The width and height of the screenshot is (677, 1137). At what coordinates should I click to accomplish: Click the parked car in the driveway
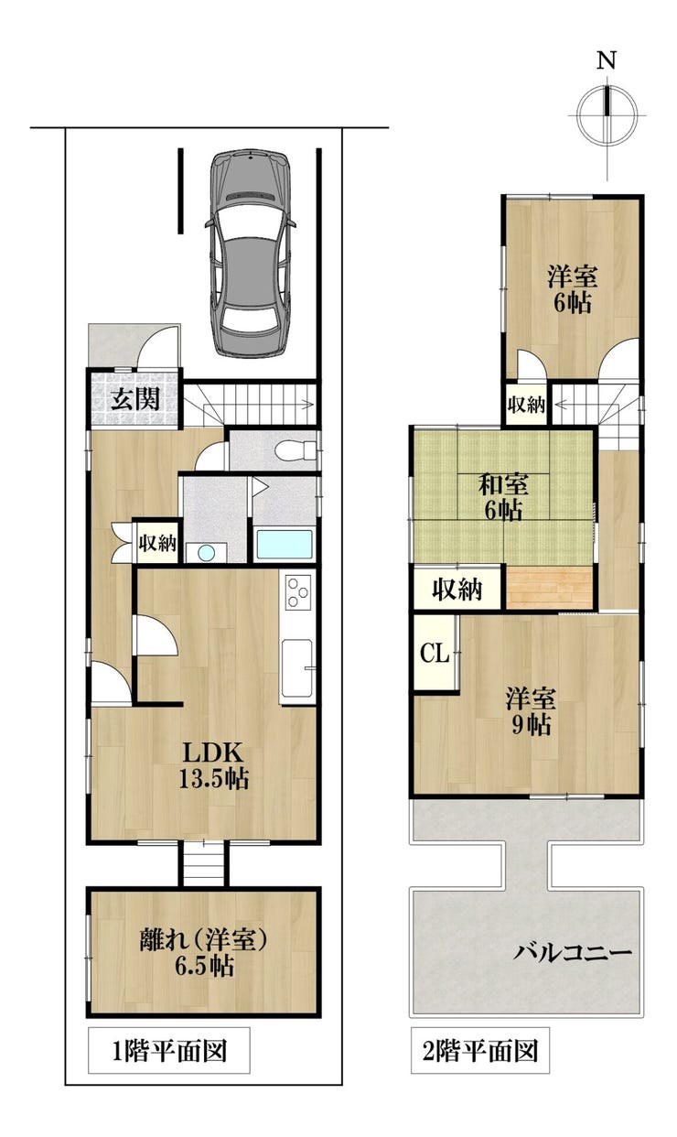click(x=251, y=253)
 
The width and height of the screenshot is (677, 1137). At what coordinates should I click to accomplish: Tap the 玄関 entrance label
click(x=135, y=398)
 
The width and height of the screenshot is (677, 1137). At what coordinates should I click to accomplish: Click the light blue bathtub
click(x=284, y=544)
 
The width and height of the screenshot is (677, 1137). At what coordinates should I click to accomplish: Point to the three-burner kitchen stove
click(x=297, y=592)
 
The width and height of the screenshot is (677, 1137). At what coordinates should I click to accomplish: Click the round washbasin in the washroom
click(x=206, y=552)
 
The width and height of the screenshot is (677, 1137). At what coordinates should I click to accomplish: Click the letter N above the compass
click(x=606, y=61)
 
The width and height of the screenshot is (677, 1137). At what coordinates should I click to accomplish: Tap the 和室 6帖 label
click(x=503, y=497)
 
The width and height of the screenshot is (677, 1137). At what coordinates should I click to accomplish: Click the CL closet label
click(x=435, y=653)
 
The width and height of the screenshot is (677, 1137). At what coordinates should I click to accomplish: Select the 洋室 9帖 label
click(x=531, y=711)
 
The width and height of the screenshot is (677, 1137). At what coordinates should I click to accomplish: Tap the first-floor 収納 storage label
click(x=158, y=543)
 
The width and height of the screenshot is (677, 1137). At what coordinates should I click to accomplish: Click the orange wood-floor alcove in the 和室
click(x=549, y=588)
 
